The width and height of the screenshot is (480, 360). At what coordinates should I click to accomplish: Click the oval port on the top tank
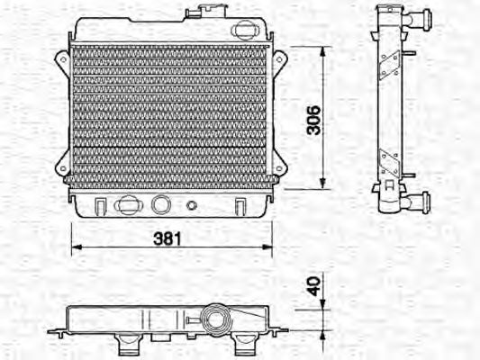coord(243,29)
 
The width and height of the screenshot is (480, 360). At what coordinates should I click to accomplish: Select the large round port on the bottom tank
coord(162,204)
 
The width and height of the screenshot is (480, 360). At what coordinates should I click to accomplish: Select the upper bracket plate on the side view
coord(389,63)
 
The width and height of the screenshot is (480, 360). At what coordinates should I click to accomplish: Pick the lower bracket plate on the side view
coord(389,164)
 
